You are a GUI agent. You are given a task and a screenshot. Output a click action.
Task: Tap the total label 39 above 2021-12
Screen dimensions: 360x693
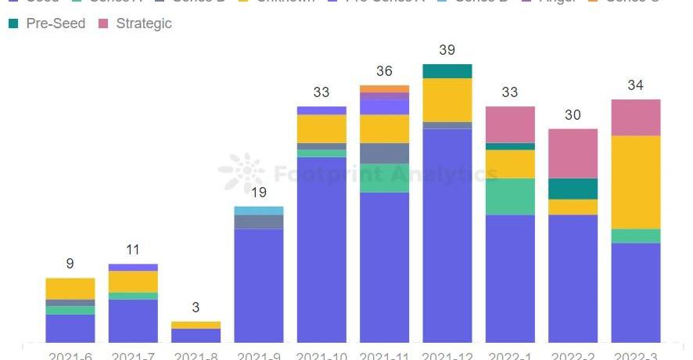[x=447, y=50]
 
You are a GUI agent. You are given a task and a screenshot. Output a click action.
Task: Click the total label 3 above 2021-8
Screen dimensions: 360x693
[x=196, y=308]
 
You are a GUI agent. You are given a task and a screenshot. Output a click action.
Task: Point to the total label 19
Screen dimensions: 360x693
[x=259, y=193]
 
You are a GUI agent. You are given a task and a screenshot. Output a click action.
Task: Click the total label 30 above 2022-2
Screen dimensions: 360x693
[x=573, y=115]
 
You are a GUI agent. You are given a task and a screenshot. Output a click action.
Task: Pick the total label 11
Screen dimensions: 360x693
[x=133, y=250]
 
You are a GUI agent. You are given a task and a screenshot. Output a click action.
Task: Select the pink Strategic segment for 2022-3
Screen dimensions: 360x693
[x=635, y=117]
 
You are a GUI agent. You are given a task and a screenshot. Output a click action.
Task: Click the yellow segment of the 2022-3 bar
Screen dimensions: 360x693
[x=635, y=182]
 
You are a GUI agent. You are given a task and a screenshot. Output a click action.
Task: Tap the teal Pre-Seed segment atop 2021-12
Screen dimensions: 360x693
[x=447, y=71]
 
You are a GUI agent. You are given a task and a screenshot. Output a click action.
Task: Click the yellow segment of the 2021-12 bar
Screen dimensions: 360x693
[x=447, y=99]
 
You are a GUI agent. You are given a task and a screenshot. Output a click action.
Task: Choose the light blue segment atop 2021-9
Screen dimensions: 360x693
[x=259, y=211]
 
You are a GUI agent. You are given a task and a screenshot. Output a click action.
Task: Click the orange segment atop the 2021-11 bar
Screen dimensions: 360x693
[x=384, y=88]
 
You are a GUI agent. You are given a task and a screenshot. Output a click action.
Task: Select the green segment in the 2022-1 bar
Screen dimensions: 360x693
[x=510, y=196]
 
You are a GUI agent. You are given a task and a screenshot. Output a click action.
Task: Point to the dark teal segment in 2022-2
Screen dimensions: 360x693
[x=573, y=189]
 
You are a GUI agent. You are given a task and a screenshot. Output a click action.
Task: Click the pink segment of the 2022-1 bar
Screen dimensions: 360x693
[x=510, y=124]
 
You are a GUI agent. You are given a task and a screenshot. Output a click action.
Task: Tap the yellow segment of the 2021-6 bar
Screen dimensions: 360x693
[x=70, y=288]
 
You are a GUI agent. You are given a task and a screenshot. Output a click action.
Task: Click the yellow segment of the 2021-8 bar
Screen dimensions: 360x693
[x=196, y=325]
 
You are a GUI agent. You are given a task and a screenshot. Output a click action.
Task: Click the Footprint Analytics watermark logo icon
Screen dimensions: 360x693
[x=242, y=172]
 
